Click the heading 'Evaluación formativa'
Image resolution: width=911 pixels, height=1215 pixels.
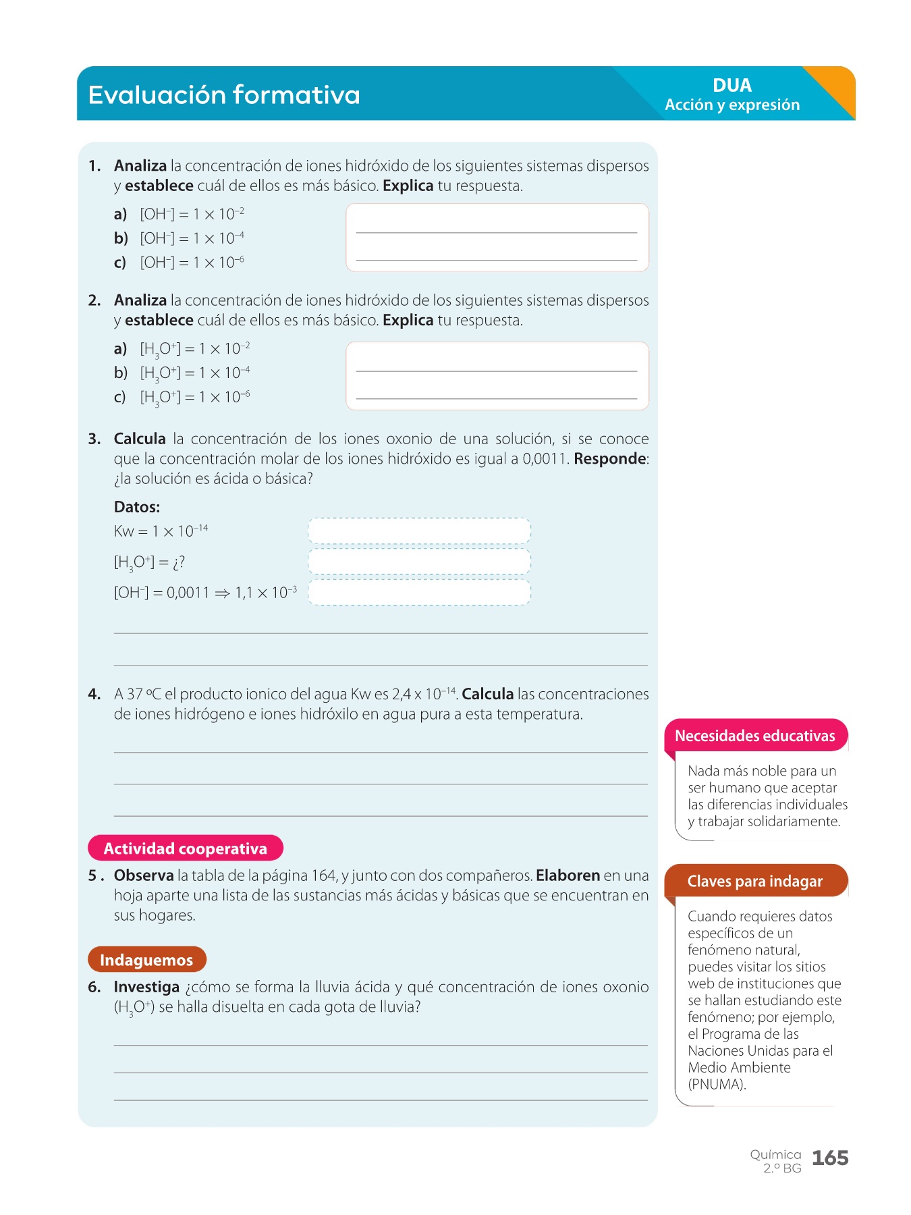point(224,95)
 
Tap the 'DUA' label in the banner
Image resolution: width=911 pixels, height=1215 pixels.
point(731,86)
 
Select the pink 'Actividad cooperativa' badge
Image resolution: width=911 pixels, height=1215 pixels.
point(186,848)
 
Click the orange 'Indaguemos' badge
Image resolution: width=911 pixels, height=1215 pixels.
point(146,960)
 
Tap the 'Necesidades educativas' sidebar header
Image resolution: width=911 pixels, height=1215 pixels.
point(755,736)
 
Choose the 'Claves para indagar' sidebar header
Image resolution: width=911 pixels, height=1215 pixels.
point(755,881)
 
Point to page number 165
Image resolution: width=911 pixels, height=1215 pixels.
point(830,1158)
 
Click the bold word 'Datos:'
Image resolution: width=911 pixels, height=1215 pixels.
point(137,507)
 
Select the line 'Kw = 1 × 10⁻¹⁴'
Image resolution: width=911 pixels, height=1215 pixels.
point(161,531)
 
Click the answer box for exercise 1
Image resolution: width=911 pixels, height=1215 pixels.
point(497,238)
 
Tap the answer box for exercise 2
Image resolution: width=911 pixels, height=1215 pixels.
point(497,376)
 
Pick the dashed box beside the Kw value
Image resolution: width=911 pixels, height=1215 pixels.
point(419,531)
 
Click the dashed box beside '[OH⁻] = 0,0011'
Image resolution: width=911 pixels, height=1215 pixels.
point(419,593)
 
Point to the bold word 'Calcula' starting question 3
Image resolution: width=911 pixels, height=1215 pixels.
point(140,439)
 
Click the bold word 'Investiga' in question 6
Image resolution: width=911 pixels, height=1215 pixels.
point(146,987)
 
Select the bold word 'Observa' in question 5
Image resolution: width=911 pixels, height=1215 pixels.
point(144,875)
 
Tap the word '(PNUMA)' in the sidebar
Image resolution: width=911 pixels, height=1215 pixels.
point(717,1084)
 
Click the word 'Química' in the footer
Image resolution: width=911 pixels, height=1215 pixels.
point(775,1154)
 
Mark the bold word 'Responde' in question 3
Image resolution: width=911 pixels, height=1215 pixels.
point(610,459)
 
